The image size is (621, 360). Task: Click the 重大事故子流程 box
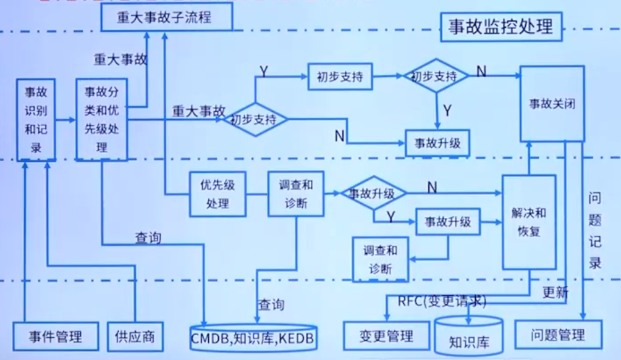166,17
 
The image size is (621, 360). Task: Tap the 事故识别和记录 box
36,120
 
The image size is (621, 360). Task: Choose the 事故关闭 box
552,104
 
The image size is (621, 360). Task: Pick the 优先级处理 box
218,193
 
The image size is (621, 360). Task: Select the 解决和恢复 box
528,221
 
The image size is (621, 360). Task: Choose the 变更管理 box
386,337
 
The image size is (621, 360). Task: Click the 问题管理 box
557,336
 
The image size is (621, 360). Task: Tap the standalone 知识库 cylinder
468,338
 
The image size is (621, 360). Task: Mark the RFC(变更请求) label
442,301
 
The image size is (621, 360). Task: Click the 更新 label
555,292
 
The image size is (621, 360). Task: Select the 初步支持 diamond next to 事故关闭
434,77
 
